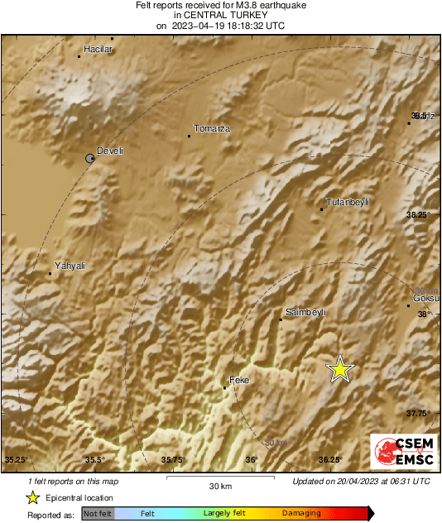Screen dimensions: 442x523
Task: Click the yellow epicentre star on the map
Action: point(339,369)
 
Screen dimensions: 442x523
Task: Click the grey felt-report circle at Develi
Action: point(91,157)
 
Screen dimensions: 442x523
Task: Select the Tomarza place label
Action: point(211,128)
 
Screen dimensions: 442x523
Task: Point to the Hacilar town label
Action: point(98,49)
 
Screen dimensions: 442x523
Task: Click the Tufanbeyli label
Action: point(348,202)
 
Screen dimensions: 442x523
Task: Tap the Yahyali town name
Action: point(70,265)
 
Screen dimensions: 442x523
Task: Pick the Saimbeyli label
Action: point(306,312)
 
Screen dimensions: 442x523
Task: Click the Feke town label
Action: point(239,381)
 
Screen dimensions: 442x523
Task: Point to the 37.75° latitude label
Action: point(419,413)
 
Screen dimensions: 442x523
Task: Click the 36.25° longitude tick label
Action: point(330,460)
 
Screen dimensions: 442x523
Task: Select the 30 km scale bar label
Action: point(219,486)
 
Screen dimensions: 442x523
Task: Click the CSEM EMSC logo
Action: point(401,453)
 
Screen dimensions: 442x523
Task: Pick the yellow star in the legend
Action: point(32,497)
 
